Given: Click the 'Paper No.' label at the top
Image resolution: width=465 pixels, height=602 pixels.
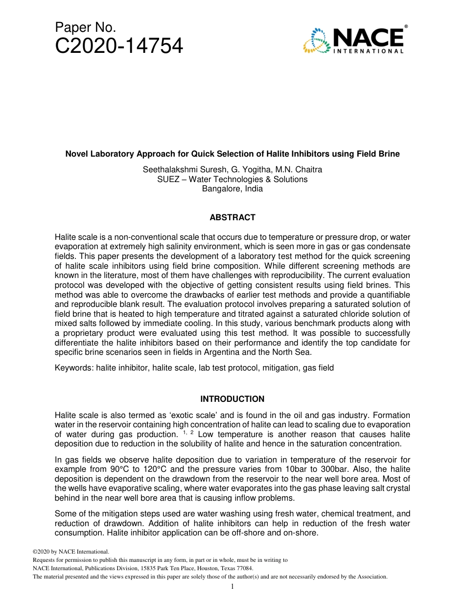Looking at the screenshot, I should click(x=85, y=28).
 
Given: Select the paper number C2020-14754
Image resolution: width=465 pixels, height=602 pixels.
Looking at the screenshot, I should click(x=119, y=46).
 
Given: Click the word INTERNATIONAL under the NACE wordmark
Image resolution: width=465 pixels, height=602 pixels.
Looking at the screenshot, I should click(x=368, y=51).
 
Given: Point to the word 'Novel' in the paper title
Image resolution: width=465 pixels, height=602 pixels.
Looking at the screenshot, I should click(x=77, y=154).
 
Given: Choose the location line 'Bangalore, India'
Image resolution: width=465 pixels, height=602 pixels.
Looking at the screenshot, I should click(x=232, y=188).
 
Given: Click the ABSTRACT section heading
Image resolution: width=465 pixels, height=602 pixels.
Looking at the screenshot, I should click(x=232, y=217).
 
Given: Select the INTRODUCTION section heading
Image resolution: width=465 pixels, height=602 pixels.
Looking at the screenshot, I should click(x=232, y=399).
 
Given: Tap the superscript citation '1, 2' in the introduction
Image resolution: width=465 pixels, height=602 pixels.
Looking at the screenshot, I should click(x=188, y=433).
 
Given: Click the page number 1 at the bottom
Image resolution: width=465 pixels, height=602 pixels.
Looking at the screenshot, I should click(x=232, y=586).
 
